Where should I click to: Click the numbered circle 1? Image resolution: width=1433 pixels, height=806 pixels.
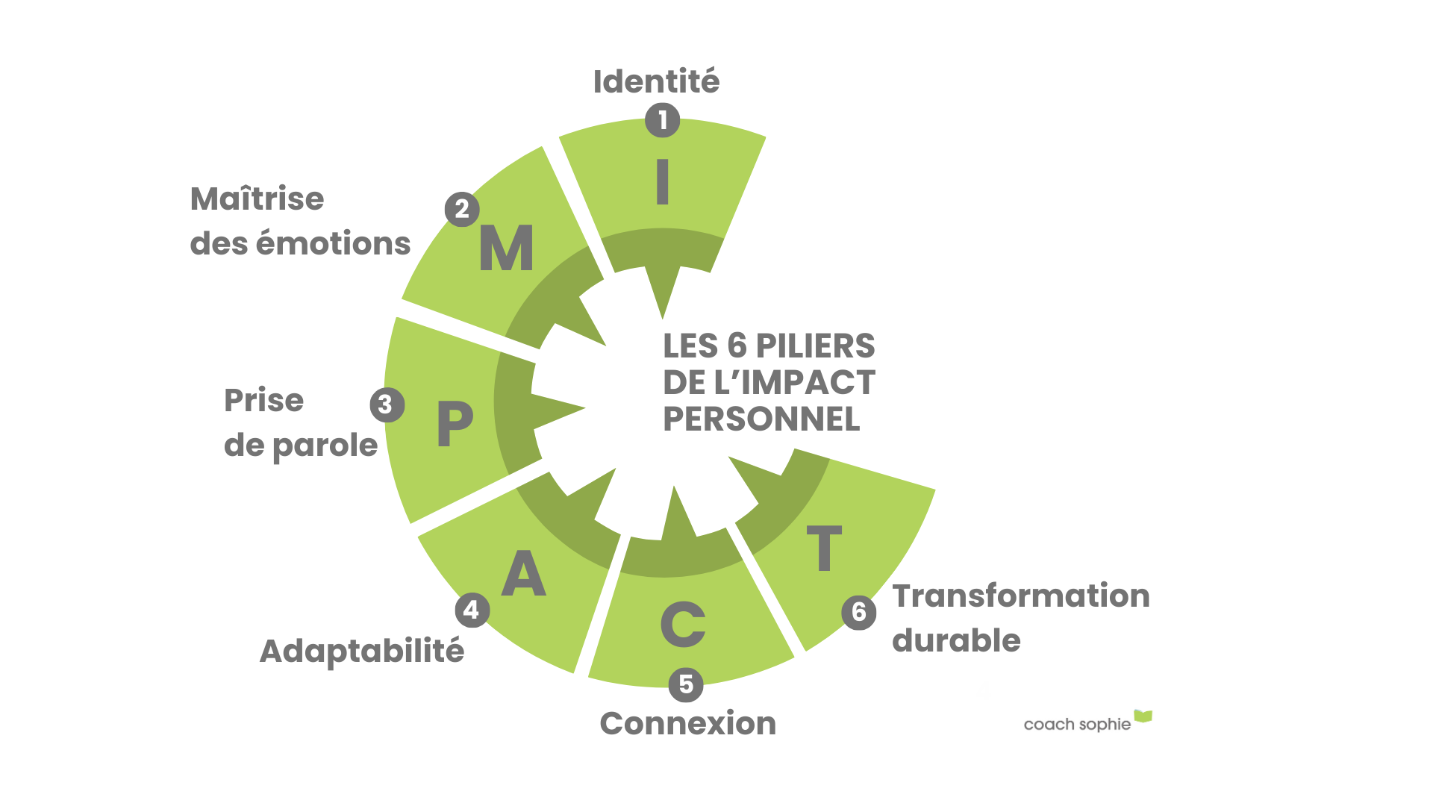coord(662,120)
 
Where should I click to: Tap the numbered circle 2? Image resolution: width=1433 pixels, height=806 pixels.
coord(462,209)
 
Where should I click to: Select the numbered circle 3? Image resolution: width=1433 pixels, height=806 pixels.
coord(387,404)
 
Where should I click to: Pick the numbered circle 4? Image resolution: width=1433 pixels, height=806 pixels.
coord(472,610)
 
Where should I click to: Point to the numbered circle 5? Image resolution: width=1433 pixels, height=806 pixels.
coord(685,684)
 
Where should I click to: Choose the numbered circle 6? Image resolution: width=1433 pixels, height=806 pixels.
coord(858,612)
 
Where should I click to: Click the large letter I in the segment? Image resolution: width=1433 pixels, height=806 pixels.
coord(662,182)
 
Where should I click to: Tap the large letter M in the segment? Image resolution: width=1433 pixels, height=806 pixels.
coord(506,248)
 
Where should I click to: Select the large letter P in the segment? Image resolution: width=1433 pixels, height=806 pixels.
coord(455,422)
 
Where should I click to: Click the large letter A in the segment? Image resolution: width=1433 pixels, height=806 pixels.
coord(524,573)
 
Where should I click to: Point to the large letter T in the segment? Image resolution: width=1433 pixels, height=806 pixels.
coord(824,548)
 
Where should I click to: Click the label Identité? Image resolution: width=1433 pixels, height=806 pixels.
coord(656,81)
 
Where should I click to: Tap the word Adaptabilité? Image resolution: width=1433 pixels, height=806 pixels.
coord(362,652)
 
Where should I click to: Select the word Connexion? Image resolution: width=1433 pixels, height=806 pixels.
coord(687,723)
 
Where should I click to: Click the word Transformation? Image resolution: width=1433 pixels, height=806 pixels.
coord(1021,596)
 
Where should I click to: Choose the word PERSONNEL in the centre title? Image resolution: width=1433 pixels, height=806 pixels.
coord(761,419)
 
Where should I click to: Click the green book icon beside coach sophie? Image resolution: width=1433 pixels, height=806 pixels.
coord(1143,717)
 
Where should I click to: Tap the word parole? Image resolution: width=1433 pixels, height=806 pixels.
coord(325,446)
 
